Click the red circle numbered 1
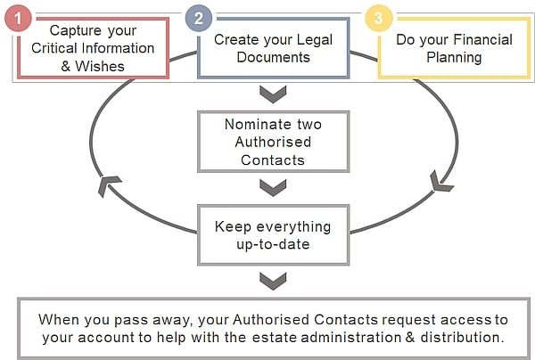click(18, 18)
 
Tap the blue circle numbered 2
click(199, 18)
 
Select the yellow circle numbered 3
click(379, 18)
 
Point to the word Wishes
click(100, 66)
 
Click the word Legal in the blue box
click(314, 40)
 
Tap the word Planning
click(454, 58)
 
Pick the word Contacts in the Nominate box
click(273, 160)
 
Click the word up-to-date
click(273, 244)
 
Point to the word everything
click(293, 227)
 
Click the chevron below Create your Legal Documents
click(273, 94)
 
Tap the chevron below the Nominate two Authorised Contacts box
click(273, 187)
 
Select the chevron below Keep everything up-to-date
click(273, 282)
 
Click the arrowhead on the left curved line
click(108, 185)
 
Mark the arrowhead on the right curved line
click(440, 182)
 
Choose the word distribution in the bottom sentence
click(462, 338)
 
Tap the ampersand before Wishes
click(65, 66)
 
